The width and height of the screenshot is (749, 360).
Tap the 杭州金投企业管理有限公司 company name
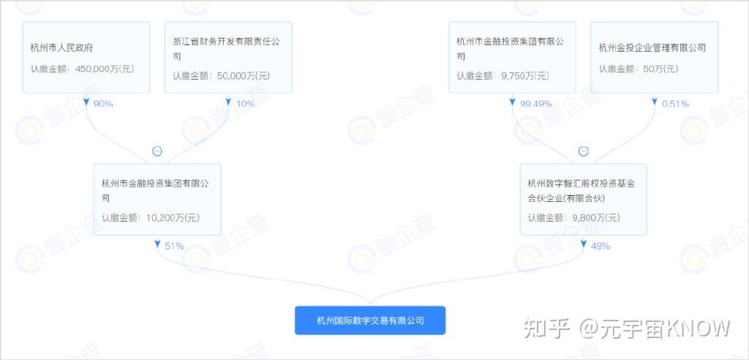652,48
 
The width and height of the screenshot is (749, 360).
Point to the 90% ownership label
103,104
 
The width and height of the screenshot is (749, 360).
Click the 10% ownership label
246,104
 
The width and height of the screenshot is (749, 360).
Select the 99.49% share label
535,104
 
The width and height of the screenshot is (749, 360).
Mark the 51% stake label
174,246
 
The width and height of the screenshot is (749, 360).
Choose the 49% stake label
600,246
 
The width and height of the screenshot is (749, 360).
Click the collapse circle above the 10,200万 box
157,151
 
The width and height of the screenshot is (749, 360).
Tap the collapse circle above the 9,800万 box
583,151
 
